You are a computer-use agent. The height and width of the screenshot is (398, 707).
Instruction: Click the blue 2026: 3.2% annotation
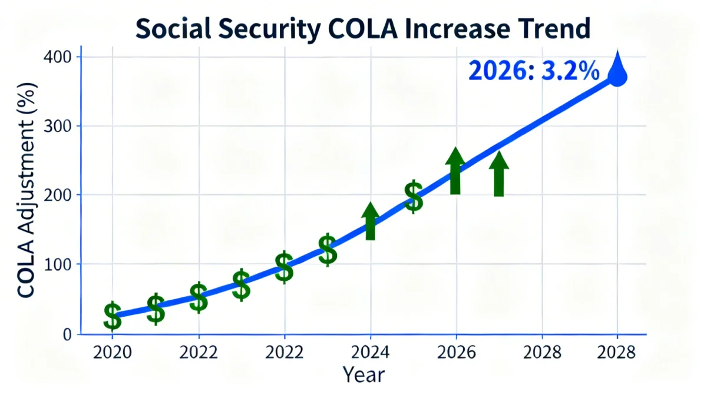coord(534,71)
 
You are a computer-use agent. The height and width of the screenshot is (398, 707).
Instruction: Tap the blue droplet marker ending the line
coord(617,71)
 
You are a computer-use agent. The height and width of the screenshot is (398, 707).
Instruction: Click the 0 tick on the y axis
coord(67,334)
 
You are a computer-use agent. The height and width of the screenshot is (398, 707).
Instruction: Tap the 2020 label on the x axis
coord(113,353)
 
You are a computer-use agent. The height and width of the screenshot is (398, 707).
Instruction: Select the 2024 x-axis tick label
coord(371,353)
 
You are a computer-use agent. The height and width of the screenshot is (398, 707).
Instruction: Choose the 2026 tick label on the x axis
coord(456,353)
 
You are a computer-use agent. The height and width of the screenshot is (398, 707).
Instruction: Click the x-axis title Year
coord(364,374)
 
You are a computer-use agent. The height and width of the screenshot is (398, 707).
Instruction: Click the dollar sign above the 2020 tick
coord(113,316)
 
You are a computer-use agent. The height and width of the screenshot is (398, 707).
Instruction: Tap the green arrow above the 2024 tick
coord(370,221)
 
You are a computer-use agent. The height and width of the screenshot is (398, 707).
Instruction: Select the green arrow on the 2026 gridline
coord(455,171)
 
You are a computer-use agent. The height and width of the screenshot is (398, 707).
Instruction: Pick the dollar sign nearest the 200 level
coord(414,197)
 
